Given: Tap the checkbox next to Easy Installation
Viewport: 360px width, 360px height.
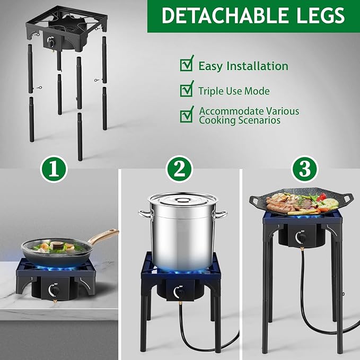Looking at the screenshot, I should [x=187, y=65].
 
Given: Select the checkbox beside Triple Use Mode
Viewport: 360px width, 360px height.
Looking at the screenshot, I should [x=187, y=90].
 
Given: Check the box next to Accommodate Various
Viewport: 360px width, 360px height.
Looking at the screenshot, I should [x=187, y=114].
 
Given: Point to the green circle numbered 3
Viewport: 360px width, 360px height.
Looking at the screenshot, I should [x=303, y=170].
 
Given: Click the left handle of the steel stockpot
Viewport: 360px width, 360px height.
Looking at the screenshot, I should [x=144, y=214].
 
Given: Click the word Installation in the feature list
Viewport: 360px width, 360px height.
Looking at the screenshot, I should [x=257, y=66].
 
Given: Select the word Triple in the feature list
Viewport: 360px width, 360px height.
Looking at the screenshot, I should [x=210, y=91].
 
